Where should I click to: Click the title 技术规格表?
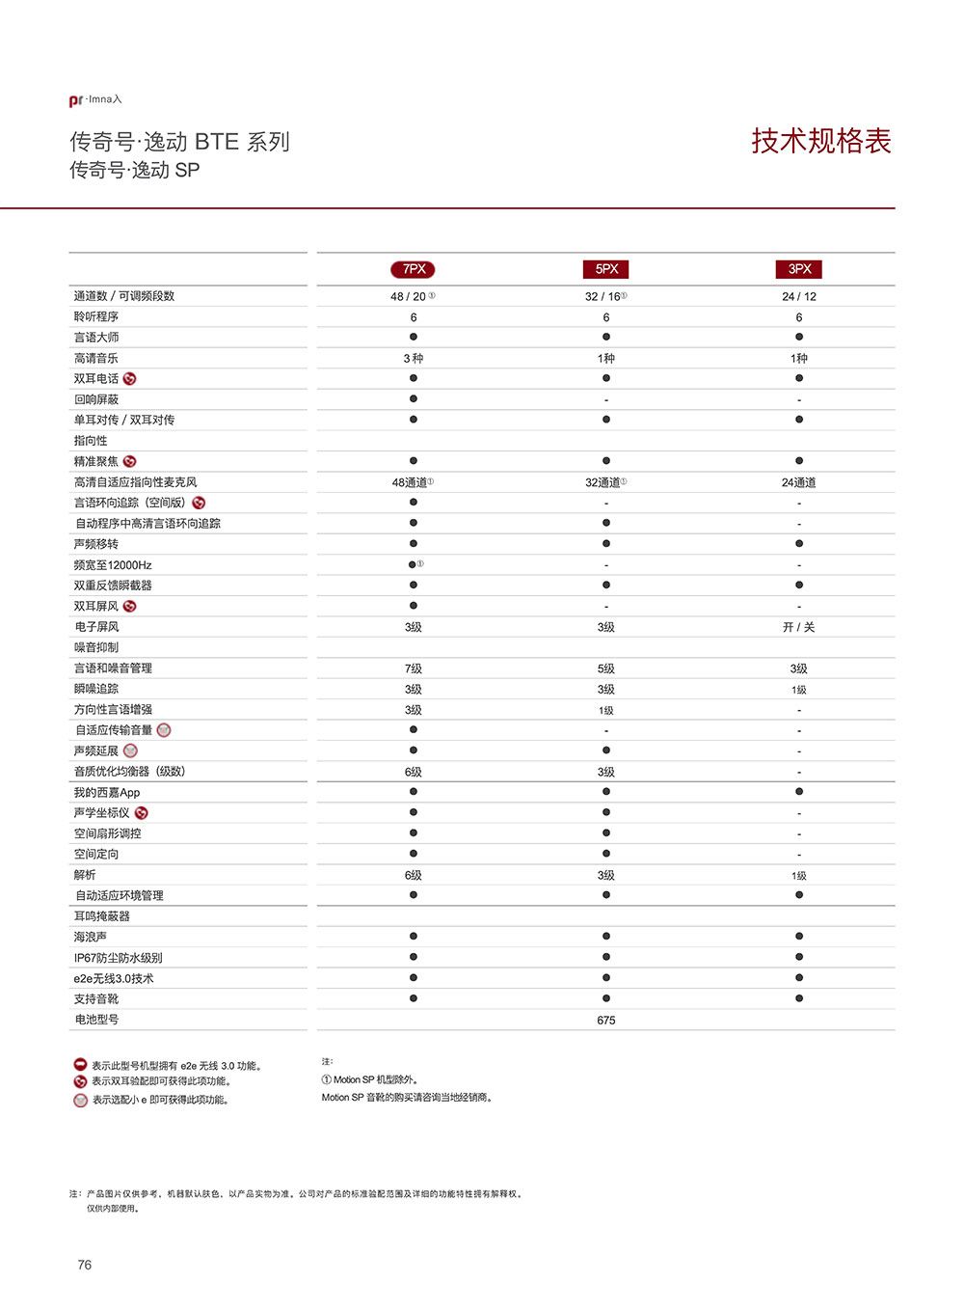click(821, 141)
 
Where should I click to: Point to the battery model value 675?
click(605, 1020)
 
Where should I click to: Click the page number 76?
click(85, 1265)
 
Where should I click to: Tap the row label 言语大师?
click(96, 338)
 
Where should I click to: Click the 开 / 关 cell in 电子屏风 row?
click(798, 627)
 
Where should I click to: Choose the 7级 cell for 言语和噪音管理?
click(413, 668)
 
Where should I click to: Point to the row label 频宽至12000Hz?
click(113, 565)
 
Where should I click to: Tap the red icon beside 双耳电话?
click(130, 379)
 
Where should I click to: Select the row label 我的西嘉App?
click(107, 793)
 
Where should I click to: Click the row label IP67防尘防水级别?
click(118, 958)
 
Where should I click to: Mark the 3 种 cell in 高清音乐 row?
click(413, 358)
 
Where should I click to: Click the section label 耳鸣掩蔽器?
click(101, 916)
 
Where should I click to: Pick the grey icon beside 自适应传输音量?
click(164, 730)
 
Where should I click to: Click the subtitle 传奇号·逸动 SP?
click(135, 171)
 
